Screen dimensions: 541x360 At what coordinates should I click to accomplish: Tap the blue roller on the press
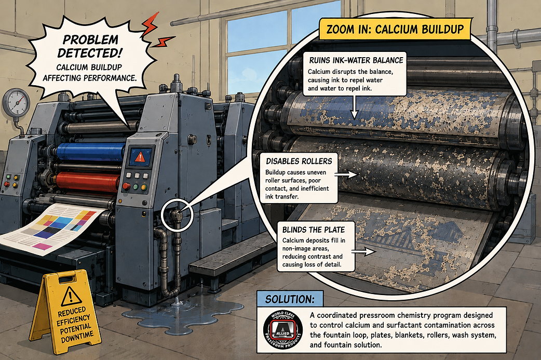click(91, 152)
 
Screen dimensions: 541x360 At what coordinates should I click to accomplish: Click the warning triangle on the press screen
click(140, 157)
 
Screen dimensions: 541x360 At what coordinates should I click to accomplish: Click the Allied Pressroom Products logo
click(283, 329)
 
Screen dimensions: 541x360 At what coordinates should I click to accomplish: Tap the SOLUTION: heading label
click(290, 299)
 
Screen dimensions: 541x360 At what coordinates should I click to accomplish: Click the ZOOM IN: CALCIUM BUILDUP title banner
click(395, 29)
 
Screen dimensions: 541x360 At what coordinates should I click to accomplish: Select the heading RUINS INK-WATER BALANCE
click(356, 60)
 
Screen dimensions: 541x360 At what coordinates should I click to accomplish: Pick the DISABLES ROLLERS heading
click(299, 161)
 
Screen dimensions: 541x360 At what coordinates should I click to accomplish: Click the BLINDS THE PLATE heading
click(313, 230)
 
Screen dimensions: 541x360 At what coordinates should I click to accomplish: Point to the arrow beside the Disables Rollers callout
click(346, 175)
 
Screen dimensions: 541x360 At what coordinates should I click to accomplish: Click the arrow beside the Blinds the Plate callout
click(366, 251)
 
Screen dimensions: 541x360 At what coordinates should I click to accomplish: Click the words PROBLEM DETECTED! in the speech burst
click(90, 46)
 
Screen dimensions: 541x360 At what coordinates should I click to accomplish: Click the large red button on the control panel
click(126, 186)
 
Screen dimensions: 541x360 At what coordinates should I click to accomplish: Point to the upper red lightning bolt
click(150, 24)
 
